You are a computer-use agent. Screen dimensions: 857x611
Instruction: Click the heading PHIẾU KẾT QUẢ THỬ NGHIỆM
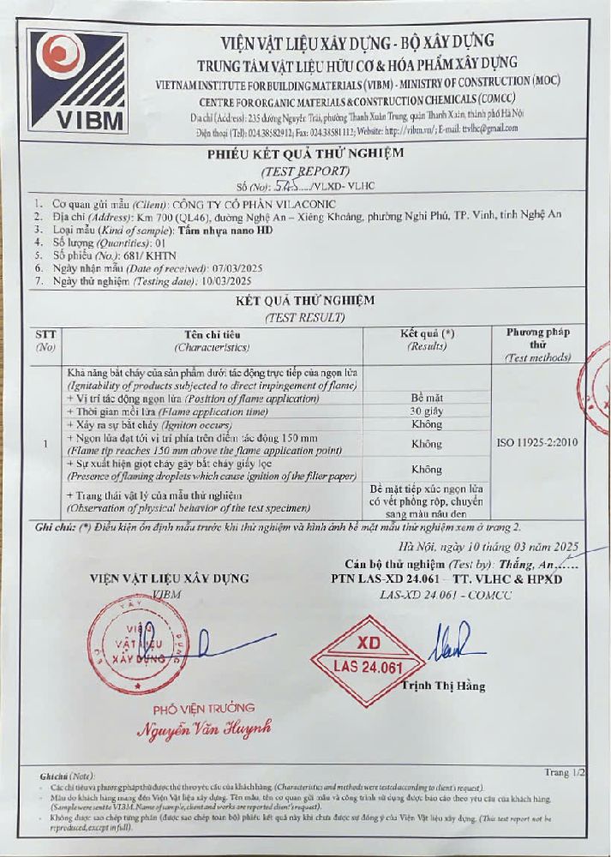[x=305, y=154]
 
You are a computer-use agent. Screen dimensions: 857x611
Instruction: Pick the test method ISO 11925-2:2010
[x=537, y=443]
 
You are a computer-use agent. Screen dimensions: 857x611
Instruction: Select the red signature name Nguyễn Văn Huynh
[x=205, y=729]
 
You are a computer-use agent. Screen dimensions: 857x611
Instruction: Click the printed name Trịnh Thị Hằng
[x=443, y=686]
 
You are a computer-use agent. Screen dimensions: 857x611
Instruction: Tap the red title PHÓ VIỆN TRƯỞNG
[x=204, y=708]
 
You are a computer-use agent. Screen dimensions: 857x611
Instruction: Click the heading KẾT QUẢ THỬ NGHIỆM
[x=305, y=301]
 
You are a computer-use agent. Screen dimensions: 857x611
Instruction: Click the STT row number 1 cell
[x=45, y=443]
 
